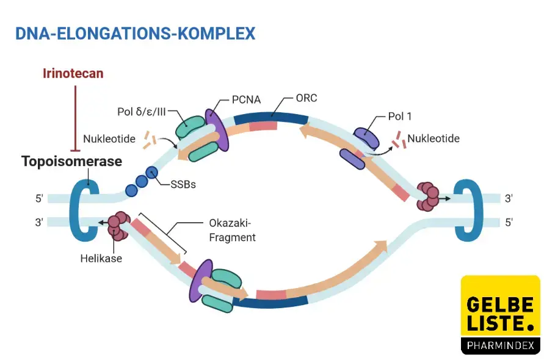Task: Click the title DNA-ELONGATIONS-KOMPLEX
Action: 135,33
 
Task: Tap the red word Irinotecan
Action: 73,74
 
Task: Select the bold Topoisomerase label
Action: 72,161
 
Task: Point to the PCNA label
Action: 247,99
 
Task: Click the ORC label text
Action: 306,98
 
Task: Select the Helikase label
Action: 101,258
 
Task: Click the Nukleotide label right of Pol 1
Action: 433,139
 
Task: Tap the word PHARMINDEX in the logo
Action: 500,346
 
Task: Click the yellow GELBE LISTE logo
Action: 500,308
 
